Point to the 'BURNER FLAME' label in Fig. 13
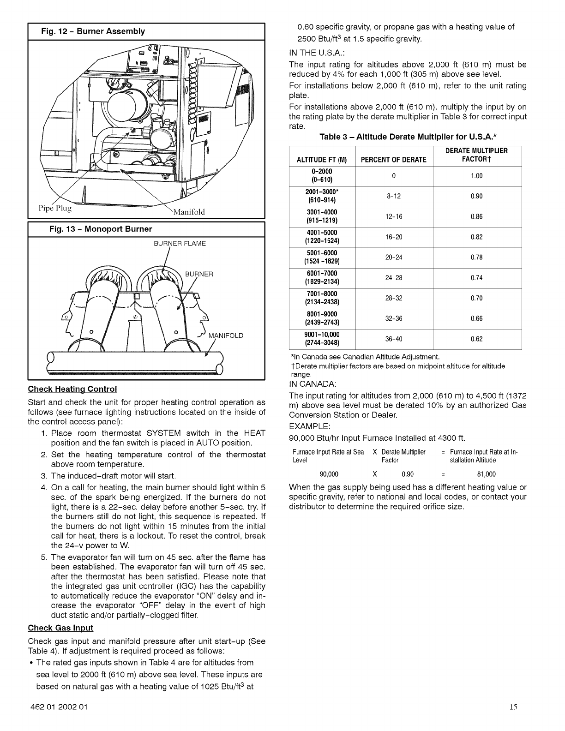point(180,243)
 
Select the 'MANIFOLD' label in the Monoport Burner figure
point(226,335)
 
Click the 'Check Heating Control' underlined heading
point(72,388)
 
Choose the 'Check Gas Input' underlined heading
point(60,628)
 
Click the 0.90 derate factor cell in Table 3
point(476,197)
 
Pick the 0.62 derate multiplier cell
point(476,339)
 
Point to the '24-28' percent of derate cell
point(394,278)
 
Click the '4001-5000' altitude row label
point(321,237)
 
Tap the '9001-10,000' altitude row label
point(322,339)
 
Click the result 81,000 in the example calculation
point(486,474)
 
